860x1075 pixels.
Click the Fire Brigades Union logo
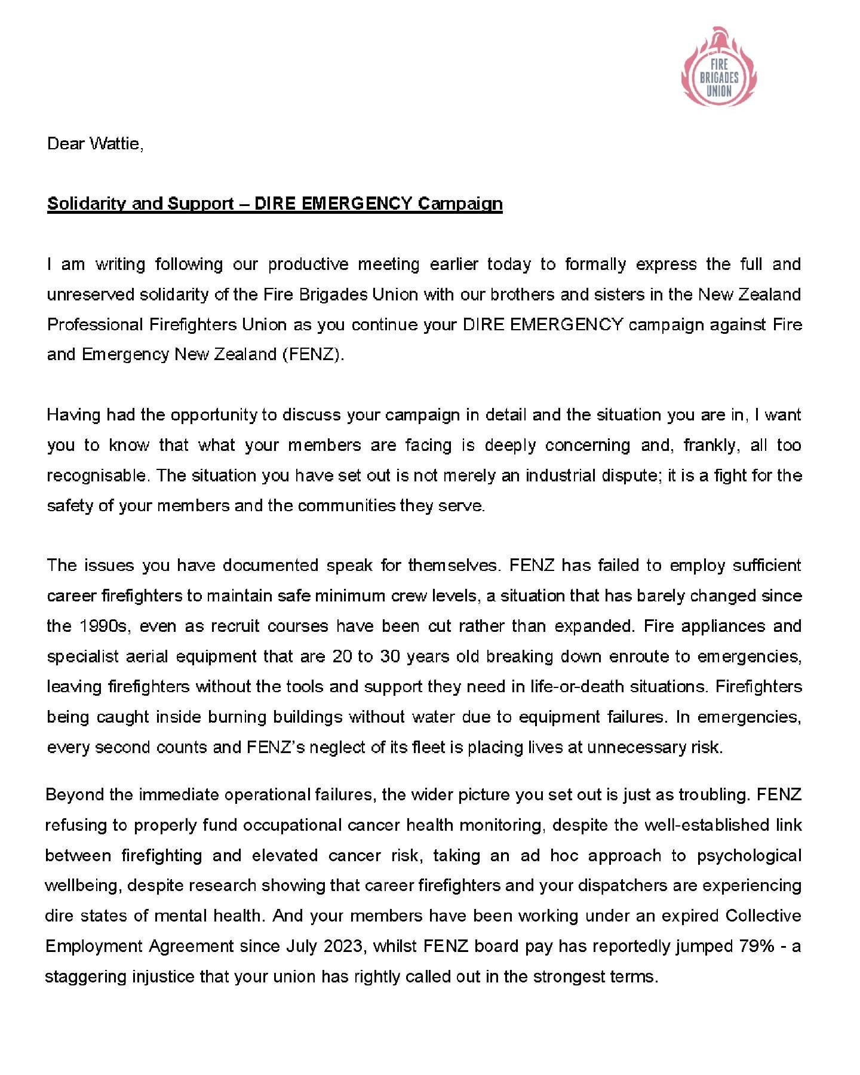[718, 67]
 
